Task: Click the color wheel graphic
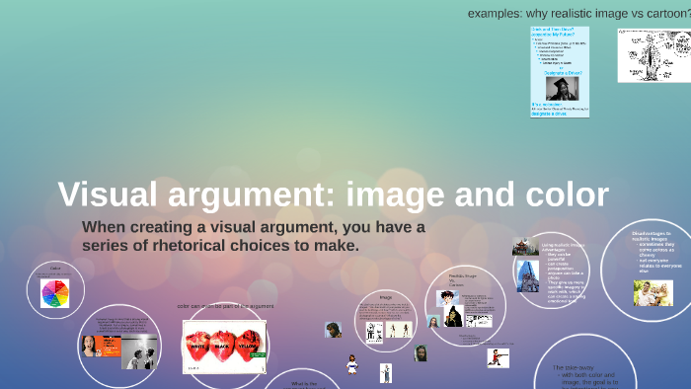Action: [55, 292]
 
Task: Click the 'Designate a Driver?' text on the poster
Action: [563, 72]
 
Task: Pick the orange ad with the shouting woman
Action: [100, 347]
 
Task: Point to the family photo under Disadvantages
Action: [653, 291]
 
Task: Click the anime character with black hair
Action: [453, 317]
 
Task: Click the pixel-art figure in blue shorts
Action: [352, 365]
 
